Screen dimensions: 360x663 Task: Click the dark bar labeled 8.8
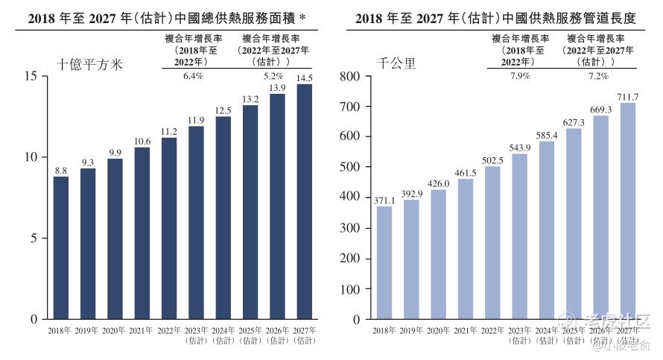(61, 247)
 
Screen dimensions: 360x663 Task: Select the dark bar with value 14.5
(304, 201)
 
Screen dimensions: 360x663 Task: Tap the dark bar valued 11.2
(169, 228)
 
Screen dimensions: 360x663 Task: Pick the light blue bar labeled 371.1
(384, 262)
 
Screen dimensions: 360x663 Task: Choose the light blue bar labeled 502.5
(492, 242)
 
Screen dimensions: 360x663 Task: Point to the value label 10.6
(142, 142)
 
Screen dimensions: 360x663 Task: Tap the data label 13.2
(250, 99)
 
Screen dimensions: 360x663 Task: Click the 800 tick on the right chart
(350, 76)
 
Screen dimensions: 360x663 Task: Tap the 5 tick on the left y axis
(34, 239)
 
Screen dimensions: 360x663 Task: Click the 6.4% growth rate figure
(193, 76)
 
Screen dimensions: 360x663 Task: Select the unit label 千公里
(399, 64)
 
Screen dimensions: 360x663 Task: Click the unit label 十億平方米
(89, 64)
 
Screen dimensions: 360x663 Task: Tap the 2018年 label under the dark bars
(61, 330)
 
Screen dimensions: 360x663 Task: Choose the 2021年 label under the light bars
(466, 330)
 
